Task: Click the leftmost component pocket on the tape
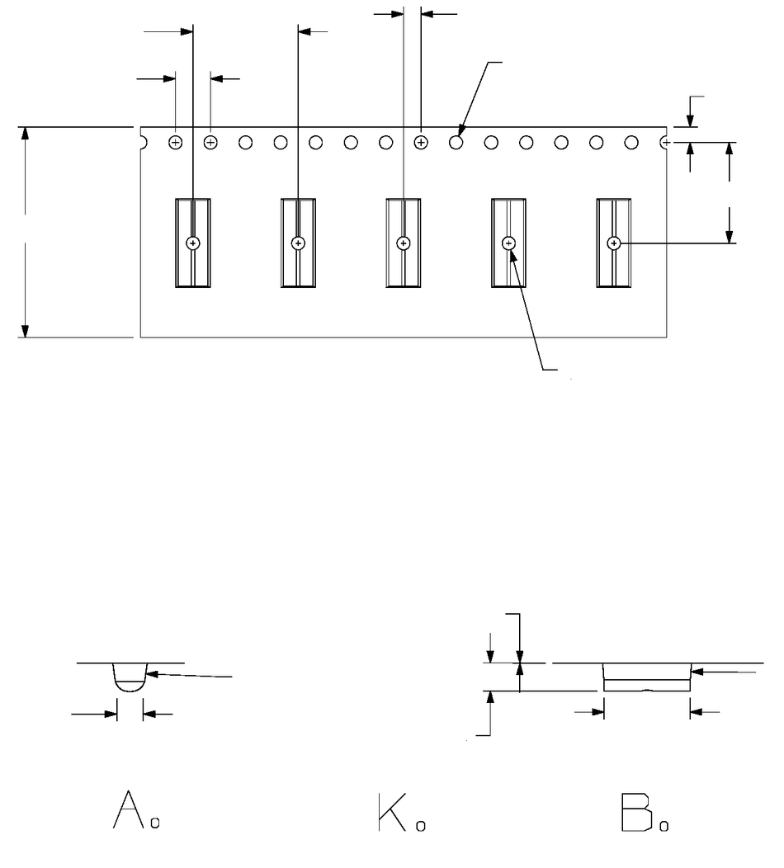coord(192,243)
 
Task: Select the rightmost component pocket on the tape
coord(614,243)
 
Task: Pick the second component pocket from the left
coord(298,243)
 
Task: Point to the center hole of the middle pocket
coord(404,243)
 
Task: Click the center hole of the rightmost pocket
coord(614,243)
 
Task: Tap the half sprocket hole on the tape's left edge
coord(143,143)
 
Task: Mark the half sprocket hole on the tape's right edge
coord(664,143)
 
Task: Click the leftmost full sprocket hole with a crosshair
coord(175,143)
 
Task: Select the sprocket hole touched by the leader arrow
coord(456,143)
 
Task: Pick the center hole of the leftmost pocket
coord(192,243)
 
